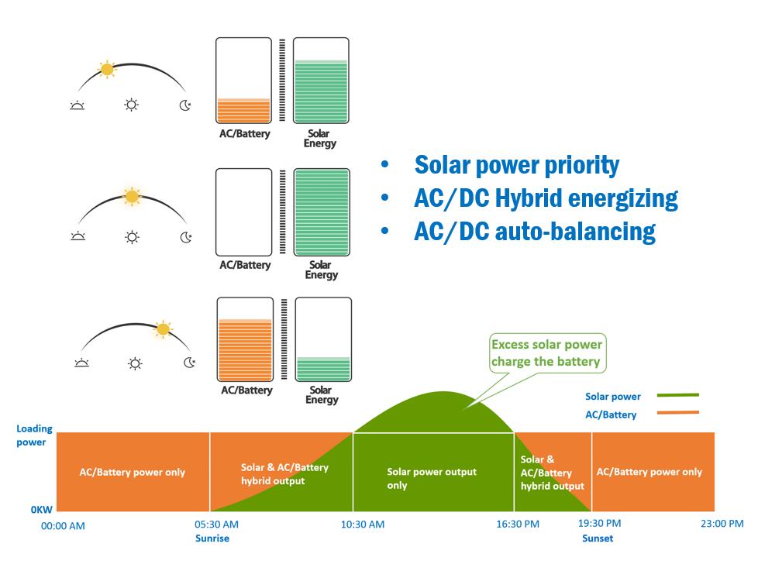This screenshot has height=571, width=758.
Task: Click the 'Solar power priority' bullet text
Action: point(517,165)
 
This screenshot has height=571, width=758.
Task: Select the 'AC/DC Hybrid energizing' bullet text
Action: point(546,198)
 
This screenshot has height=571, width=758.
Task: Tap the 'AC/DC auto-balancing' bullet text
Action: point(535,232)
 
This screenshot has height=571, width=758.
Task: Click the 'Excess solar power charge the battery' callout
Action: point(546,353)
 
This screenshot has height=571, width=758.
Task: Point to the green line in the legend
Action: point(677,395)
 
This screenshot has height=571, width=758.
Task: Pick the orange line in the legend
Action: point(677,413)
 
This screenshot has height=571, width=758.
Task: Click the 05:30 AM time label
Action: point(217,525)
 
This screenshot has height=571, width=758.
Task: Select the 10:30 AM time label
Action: point(362,525)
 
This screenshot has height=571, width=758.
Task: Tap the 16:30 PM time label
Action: point(518,525)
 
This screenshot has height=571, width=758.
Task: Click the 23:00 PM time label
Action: point(721,525)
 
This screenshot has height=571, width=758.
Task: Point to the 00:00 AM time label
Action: point(63,526)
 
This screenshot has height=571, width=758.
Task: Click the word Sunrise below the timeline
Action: point(212,538)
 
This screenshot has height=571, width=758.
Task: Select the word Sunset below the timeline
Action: point(597,538)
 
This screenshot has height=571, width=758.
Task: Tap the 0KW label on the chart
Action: point(42,510)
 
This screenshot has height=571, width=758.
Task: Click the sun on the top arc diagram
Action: point(107,70)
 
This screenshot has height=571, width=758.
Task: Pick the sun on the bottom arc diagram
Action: point(162,329)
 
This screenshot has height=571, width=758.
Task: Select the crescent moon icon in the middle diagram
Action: point(185,236)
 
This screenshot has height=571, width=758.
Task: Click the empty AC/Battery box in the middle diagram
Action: point(244,212)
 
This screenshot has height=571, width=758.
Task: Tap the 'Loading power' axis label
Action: point(34,435)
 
